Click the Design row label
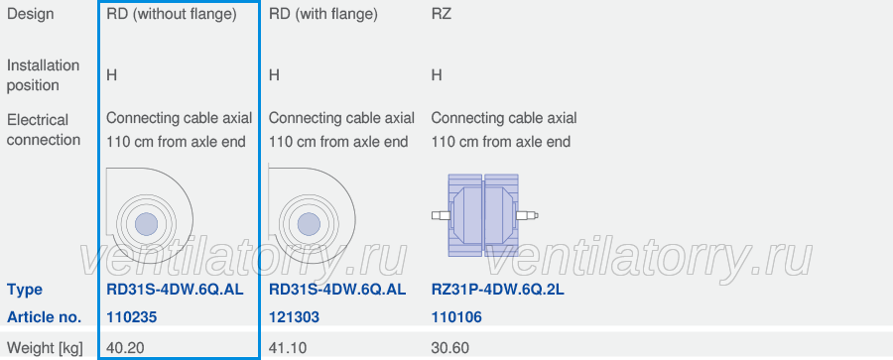[30, 14]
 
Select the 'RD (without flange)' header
[172, 14]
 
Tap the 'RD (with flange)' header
[322, 14]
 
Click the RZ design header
[442, 14]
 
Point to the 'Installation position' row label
[43, 75]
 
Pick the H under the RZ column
[437, 75]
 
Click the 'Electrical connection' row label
[44, 130]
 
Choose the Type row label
[25, 290]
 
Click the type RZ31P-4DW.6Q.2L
[498, 290]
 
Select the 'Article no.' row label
[44, 317]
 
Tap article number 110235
[132, 317]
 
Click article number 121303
[294, 317]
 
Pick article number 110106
[456, 317]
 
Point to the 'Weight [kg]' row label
[45, 347]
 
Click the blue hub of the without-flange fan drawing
[147, 223]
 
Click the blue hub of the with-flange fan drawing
[309, 223]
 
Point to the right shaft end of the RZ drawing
[536, 215]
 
